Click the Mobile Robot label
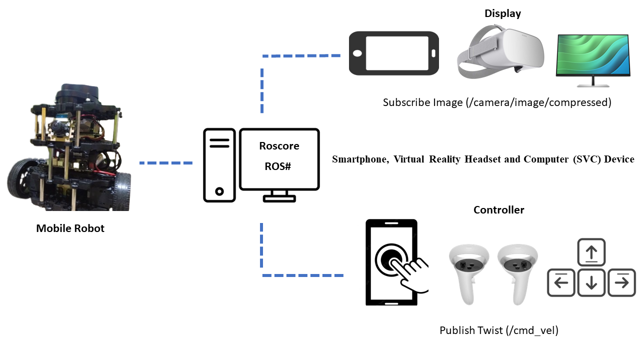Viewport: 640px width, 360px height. pos(70,228)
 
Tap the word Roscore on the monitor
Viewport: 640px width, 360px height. pos(279,146)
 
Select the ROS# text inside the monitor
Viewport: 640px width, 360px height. pos(278,166)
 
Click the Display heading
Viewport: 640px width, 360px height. pos(502,13)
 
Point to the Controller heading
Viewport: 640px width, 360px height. pos(498,210)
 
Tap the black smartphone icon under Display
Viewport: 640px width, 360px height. pos(393,52)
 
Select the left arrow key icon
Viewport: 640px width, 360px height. pos(561,282)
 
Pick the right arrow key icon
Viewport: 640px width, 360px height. pos(621,282)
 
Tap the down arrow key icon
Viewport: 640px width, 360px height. pos(591,282)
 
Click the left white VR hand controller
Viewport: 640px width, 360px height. pos(468,272)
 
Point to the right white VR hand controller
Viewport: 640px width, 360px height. pos(517,272)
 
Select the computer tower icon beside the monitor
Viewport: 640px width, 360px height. pos(219,165)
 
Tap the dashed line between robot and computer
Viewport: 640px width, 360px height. pos(165,163)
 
